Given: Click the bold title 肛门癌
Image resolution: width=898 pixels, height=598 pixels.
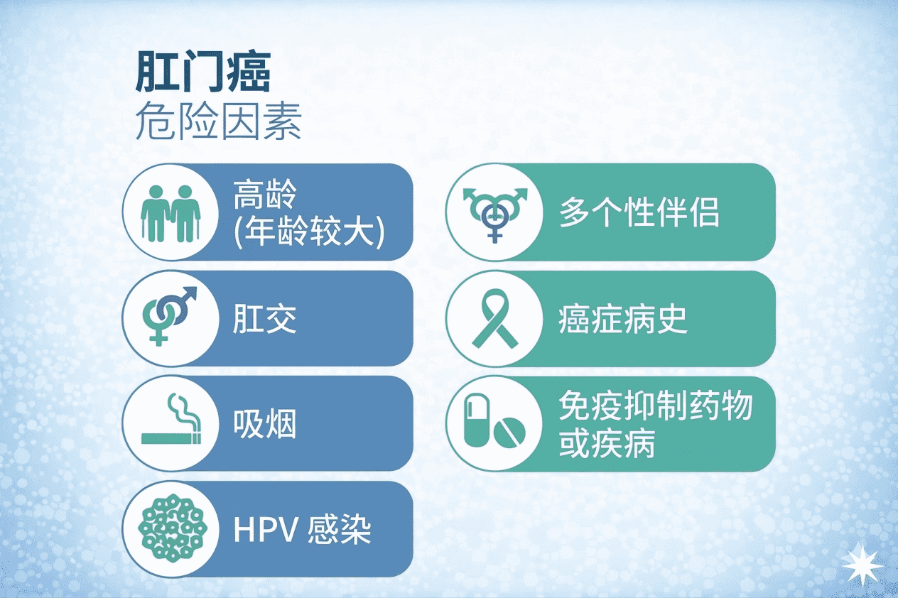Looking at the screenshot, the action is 203,72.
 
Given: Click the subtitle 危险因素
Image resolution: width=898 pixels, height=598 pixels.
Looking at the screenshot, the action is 219,121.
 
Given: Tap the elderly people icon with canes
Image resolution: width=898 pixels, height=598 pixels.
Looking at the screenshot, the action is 171,213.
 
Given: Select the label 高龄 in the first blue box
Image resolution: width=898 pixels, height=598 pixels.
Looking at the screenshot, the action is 265,195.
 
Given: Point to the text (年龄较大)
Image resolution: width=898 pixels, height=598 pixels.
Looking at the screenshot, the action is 309,232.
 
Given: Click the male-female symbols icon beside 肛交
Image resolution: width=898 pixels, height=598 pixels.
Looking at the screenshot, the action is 170,316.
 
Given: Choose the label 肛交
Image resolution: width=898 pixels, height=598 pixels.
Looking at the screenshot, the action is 264,320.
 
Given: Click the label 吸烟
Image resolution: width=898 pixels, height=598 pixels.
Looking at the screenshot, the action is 264,424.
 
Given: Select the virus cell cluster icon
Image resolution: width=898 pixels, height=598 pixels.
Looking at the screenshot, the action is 173,528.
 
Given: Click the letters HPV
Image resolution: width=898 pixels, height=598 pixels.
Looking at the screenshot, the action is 266,530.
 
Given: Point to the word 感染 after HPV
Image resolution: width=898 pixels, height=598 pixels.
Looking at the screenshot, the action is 339,529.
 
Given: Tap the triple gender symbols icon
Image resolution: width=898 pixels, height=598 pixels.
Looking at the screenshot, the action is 495,215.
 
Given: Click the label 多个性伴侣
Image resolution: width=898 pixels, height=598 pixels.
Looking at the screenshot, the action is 639,212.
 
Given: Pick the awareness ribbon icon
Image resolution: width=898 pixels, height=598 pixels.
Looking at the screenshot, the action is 495,318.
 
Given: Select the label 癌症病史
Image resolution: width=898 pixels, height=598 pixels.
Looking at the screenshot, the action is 623,320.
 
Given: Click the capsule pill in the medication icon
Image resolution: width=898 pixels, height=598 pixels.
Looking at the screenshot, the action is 476,419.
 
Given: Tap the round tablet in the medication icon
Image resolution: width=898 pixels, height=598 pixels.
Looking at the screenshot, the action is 509,433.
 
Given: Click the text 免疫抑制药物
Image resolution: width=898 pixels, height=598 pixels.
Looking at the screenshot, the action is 655,406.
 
